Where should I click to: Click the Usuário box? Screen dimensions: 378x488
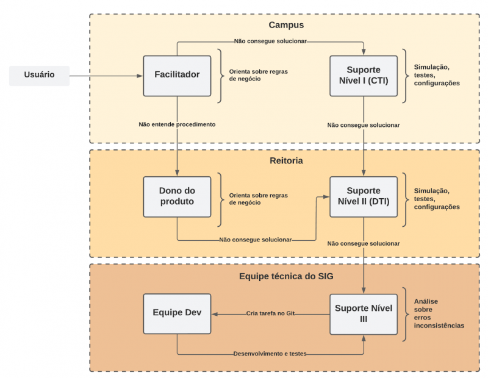[x=39, y=75]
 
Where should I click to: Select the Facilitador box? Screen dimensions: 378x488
[x=177, y=75]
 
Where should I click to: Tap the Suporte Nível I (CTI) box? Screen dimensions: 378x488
[x=364, y=76]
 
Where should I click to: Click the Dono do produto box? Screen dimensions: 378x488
[x=177, y=196]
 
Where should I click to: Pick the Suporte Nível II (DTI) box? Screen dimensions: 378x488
[x=364, y=196]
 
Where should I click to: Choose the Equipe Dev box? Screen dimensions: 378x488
[x=177, y=314]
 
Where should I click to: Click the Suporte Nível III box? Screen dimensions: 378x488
[x=364, y=314]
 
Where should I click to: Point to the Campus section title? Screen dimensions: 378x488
[x=286, y=26]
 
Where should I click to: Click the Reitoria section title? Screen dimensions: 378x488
[x=286, y=161]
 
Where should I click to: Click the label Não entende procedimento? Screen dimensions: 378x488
[x=177, y=124]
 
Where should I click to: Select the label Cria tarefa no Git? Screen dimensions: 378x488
[x=270, y=314]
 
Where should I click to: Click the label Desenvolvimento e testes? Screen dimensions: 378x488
[x=270, y=354]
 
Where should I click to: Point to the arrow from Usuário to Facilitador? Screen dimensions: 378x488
[x=106, y=76]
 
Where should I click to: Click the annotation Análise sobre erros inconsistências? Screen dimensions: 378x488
[x=439, y=313]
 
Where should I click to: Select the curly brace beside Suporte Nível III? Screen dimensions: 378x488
[x=406, y=314]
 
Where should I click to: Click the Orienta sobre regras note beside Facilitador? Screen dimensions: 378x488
[x=258, y=75]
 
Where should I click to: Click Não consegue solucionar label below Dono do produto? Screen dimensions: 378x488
[x=256, y=240]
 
